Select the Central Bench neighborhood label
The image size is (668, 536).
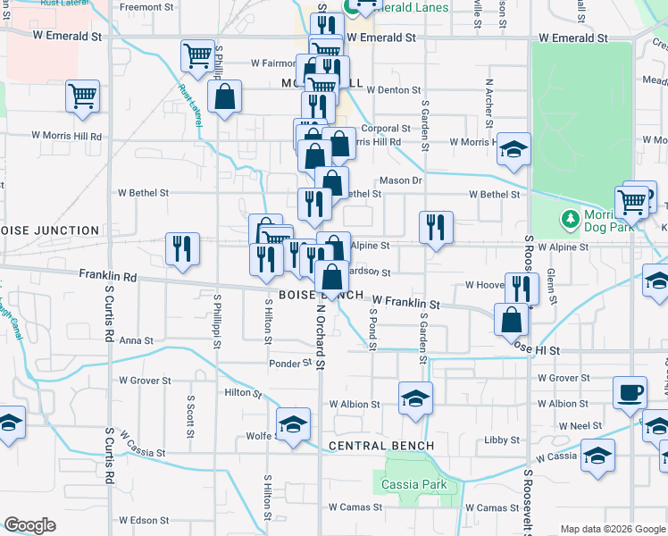[x=381, y=446]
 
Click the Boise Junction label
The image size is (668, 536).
[x=50, y=230]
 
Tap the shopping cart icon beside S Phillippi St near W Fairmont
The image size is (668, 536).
[x=197, y=55]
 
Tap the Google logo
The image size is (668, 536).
[x=29, y=525]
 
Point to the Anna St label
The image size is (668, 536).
[x=137, y=340]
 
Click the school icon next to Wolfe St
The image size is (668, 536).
[x=293, y=425]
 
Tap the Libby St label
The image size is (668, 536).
[x=501, y=440]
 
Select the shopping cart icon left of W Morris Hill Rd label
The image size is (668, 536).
[x=82, y=96]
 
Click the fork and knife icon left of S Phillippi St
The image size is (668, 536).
[x=182, y=249]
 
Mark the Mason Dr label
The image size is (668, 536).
[x=400, y=180]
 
